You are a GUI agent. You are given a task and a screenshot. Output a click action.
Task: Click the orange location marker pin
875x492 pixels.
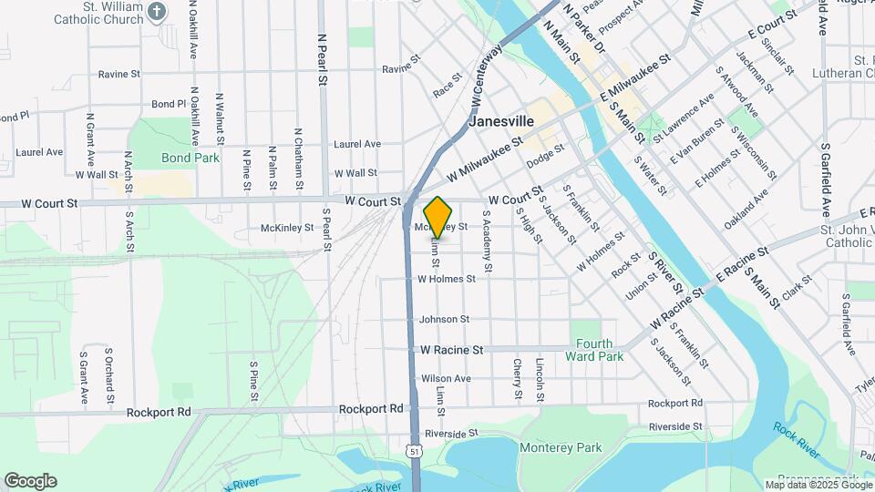click(x=438, y=218)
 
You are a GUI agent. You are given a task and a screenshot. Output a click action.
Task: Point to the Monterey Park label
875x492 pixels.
click(x=561, y=447)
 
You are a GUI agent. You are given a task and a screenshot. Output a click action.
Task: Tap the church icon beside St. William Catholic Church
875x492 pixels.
click(x=158, y=12)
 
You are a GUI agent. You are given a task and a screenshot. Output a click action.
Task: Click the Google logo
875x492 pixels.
click(x=30, y=481)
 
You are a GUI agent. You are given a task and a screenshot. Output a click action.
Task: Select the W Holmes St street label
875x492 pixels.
click(x=447, y=279)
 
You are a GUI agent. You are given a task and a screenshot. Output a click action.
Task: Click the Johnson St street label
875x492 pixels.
click(x=444, y=319)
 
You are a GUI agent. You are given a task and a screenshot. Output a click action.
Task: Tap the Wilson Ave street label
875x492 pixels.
click(x=446, y=378)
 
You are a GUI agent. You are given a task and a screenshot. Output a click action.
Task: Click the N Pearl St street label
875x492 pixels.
click(x=322, y=60)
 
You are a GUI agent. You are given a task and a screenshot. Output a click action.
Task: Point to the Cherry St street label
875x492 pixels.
click(x=518, y=378)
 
